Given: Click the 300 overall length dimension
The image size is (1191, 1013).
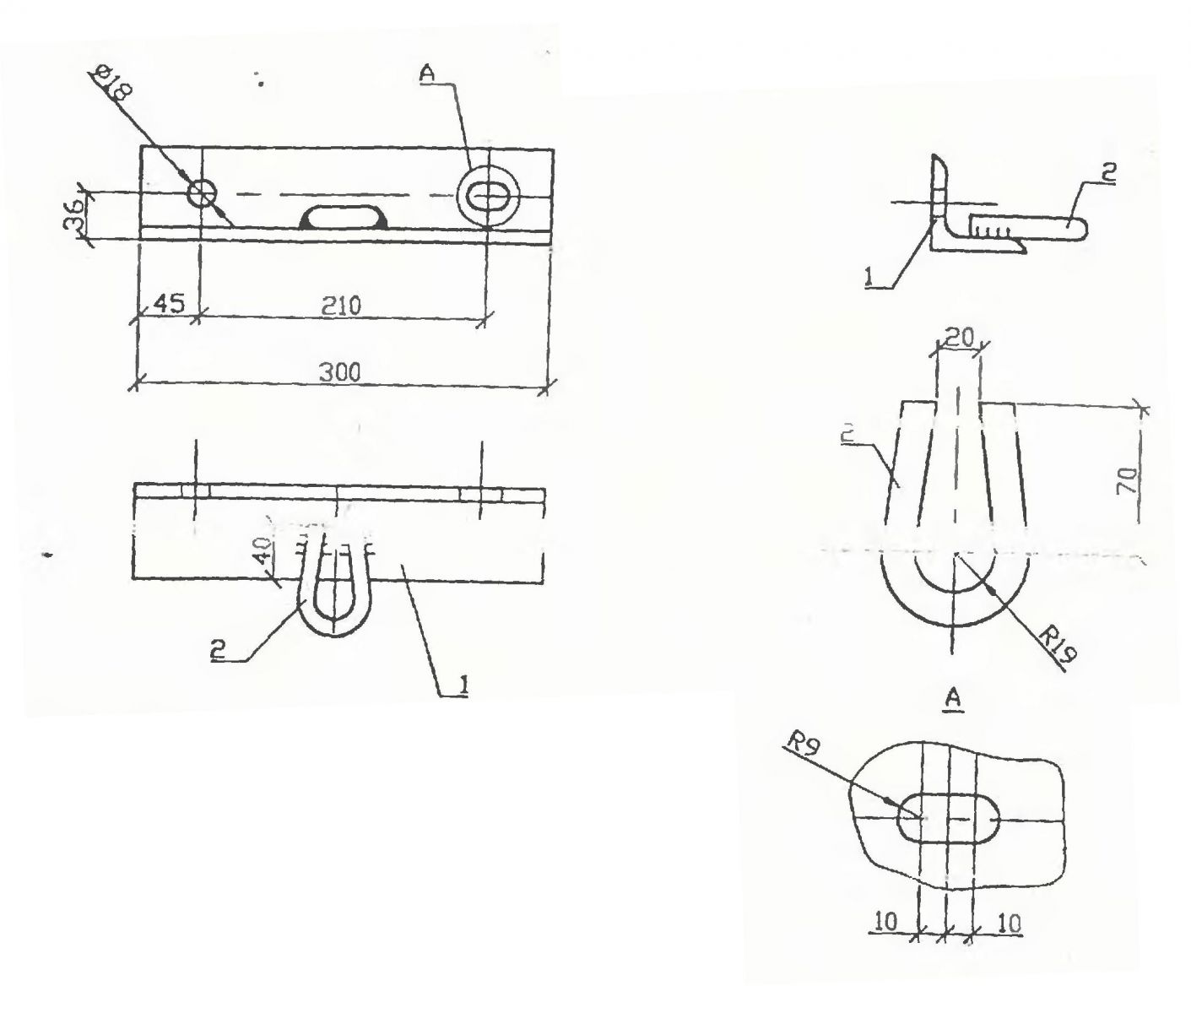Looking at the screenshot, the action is [x=339, y=372].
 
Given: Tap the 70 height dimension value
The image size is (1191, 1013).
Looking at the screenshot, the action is [x=1128, y=480].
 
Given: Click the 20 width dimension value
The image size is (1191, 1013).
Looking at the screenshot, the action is [x=960, y=337].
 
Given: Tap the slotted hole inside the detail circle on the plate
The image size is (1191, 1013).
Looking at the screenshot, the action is [x=488, y=195].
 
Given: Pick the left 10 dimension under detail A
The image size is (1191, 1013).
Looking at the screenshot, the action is [x=887, y=923].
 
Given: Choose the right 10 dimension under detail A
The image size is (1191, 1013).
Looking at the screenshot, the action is [x=1009, y=924].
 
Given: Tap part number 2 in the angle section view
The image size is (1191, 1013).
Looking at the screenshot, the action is [x=1109, y=172].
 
